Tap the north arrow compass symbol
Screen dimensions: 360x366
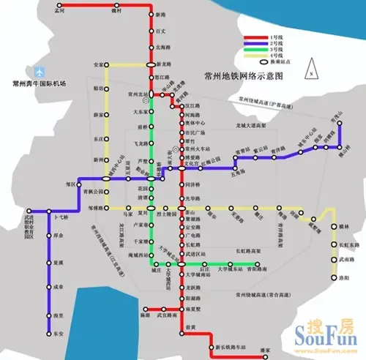click(x=310, y=70)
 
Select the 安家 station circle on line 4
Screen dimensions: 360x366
click(x=108, y=66)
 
